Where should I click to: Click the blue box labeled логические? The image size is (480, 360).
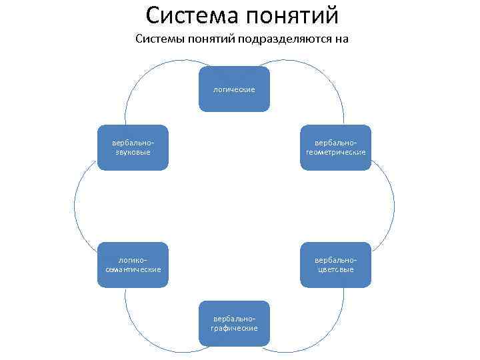coord(234,88)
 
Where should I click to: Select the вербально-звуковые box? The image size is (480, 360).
coord(132,147)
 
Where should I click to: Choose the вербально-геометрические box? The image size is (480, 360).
coord(335,147)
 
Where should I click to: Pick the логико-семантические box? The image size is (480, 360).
coord(132,265)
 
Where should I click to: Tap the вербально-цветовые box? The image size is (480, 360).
coord(335,265)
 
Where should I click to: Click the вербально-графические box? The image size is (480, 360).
coord(234,323)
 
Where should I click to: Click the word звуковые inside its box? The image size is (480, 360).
coord(132,152)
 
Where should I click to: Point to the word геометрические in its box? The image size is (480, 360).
coord(335,152)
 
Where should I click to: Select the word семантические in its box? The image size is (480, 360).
coord(132,269)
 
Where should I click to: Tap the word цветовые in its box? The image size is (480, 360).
coord(335,269)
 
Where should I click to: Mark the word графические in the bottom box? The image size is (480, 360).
coord(234,328)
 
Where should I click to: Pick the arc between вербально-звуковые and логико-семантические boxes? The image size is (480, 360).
coord(75,207)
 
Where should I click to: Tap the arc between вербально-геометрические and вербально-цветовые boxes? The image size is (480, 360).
coord(394,207)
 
